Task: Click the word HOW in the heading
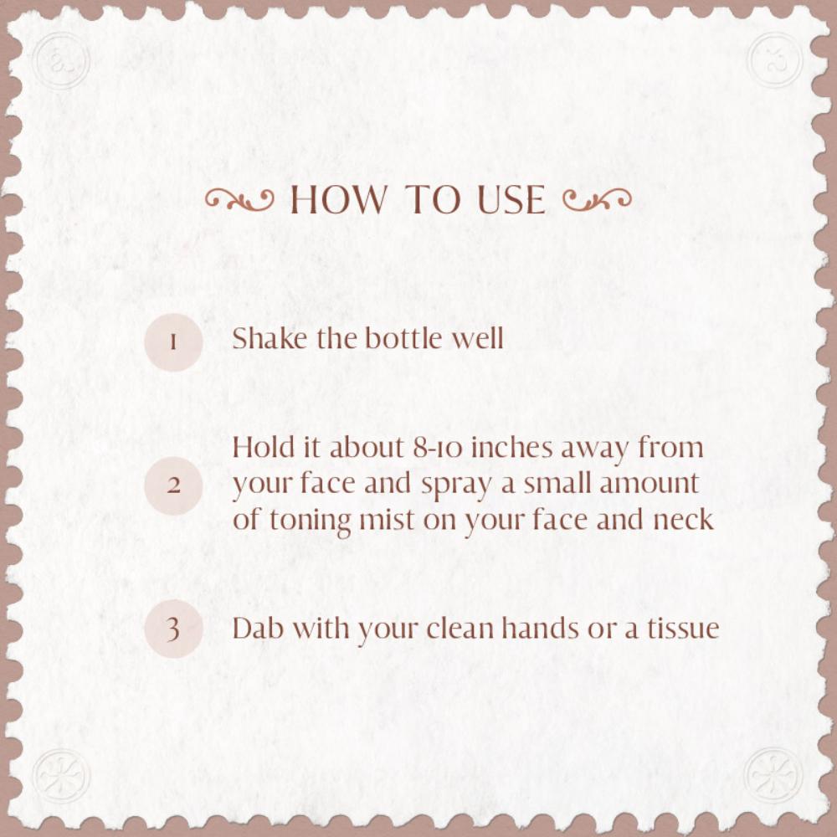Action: [338, 199]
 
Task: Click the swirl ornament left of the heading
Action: [239, 200]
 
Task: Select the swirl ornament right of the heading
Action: [598, 200]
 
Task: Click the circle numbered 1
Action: [173, 342]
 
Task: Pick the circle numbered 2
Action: [173, 485]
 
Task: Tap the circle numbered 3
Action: [173, 629]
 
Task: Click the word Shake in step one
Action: [270, 338]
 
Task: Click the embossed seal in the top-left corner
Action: [61, 60]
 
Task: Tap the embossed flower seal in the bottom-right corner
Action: [774, 775]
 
